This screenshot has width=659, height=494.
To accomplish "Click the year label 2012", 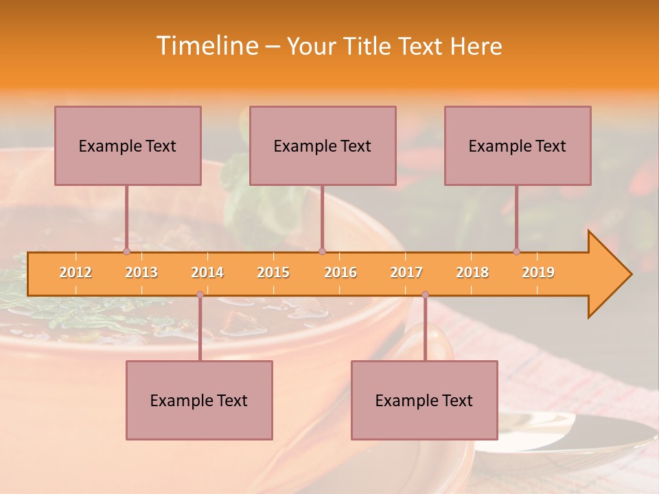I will click(x=76, y=272).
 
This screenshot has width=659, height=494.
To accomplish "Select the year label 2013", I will click(x=141, y=272).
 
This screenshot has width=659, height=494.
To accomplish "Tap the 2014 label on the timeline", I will click(x=207, y=272).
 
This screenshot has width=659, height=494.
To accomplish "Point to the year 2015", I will click(x=273, y=272).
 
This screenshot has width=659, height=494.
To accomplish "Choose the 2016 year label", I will click(x=340, y=272).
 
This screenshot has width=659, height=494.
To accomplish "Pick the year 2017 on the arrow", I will click(x=406, y=272).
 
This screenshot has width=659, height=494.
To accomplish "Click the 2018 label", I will click(x=472, y=272).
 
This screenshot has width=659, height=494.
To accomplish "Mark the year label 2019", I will click(x=538, y=272).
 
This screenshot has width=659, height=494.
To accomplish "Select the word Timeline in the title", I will click(x=206, y=46).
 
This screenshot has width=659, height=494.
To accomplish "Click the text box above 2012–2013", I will click(x=128, y=145).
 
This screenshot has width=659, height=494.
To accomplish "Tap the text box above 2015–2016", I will click(x=323, y=145).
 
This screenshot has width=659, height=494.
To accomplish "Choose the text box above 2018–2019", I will click(x=518, y=145).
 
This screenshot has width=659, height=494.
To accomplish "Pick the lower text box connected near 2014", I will click(x=199, y=400).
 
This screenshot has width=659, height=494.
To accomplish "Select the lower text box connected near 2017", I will click(x=424, y=400).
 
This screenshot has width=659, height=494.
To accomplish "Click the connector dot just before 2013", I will click(x=126, y=251).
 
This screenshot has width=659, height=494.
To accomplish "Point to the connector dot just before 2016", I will click(x=323, y=251).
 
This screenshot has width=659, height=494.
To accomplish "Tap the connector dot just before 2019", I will click(x=517, y=251).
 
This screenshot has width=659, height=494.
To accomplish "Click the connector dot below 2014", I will click(x=200, y=295).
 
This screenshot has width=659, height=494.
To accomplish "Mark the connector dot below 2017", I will click(x=425, y=295).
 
